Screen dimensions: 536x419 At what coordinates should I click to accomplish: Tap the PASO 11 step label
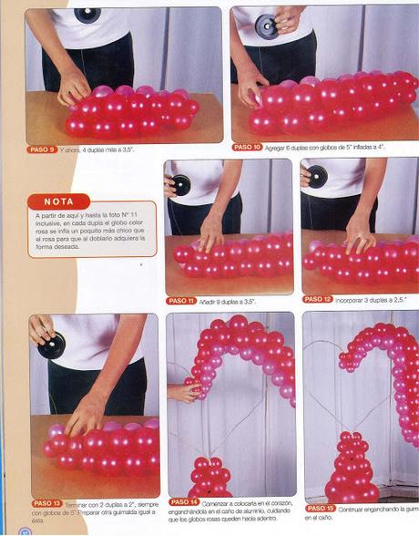click(x=181, y=300)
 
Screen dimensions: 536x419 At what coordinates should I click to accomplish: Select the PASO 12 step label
click(x=318, y=299)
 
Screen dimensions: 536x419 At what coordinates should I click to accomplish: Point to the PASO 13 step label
click(x=46, y=503)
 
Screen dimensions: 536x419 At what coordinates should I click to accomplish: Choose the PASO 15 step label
click(x=321, y=508)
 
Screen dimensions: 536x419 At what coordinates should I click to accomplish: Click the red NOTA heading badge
click(x=59, y=201)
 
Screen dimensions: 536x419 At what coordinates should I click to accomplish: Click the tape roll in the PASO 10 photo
click(x=268, y=26)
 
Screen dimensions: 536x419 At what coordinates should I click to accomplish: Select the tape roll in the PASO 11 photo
click(x=181, y=184)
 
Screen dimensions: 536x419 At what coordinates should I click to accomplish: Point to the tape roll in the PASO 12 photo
click(x=317, y=176)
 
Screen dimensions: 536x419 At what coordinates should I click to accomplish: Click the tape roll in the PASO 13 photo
click(x=51, y=344)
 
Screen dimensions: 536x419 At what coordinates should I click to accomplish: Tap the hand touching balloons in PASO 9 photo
click(x=74, y=88)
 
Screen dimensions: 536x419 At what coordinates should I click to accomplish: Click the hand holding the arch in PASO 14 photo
click(x=182, y=392)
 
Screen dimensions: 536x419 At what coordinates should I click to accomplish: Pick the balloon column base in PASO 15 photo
click(x=352, y=470)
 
